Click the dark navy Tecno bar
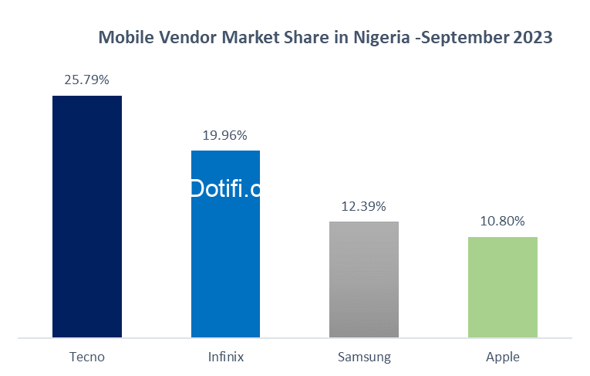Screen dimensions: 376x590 coord(86,216)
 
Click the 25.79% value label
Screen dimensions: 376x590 coord(86,80)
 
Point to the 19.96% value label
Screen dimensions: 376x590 coord(225,136)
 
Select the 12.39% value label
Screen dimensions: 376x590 coord(364,207)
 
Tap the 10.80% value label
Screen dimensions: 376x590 coord(503,222)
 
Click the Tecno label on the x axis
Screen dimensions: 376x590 coord(86,357)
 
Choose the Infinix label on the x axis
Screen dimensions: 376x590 coord(225,357)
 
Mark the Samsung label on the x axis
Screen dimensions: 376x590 coord(364,357)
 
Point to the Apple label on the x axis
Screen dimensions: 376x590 coord(503,357)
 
